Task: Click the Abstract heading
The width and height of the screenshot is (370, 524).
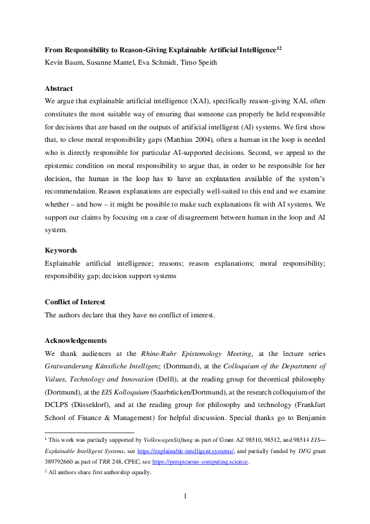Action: coord(58,88)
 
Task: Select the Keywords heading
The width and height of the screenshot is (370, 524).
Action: coord(60,267)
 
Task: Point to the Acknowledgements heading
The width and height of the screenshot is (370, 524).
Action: coord(76,340)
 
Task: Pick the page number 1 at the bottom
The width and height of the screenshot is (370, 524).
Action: coord(185,495)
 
